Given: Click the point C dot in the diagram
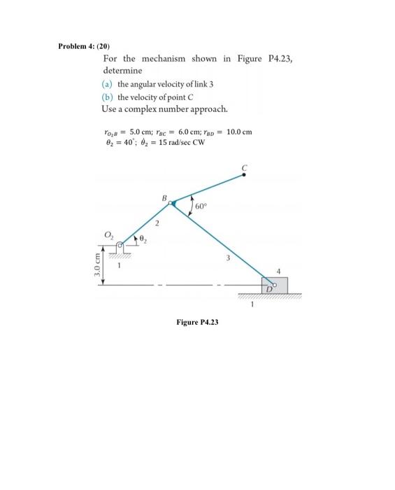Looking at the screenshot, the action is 245,175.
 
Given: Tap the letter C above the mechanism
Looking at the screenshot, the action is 245,167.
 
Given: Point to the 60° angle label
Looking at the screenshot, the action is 201,206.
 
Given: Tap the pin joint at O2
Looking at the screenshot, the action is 120,246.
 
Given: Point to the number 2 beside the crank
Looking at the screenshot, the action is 158,223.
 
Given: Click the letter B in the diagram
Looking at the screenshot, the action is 165,197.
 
